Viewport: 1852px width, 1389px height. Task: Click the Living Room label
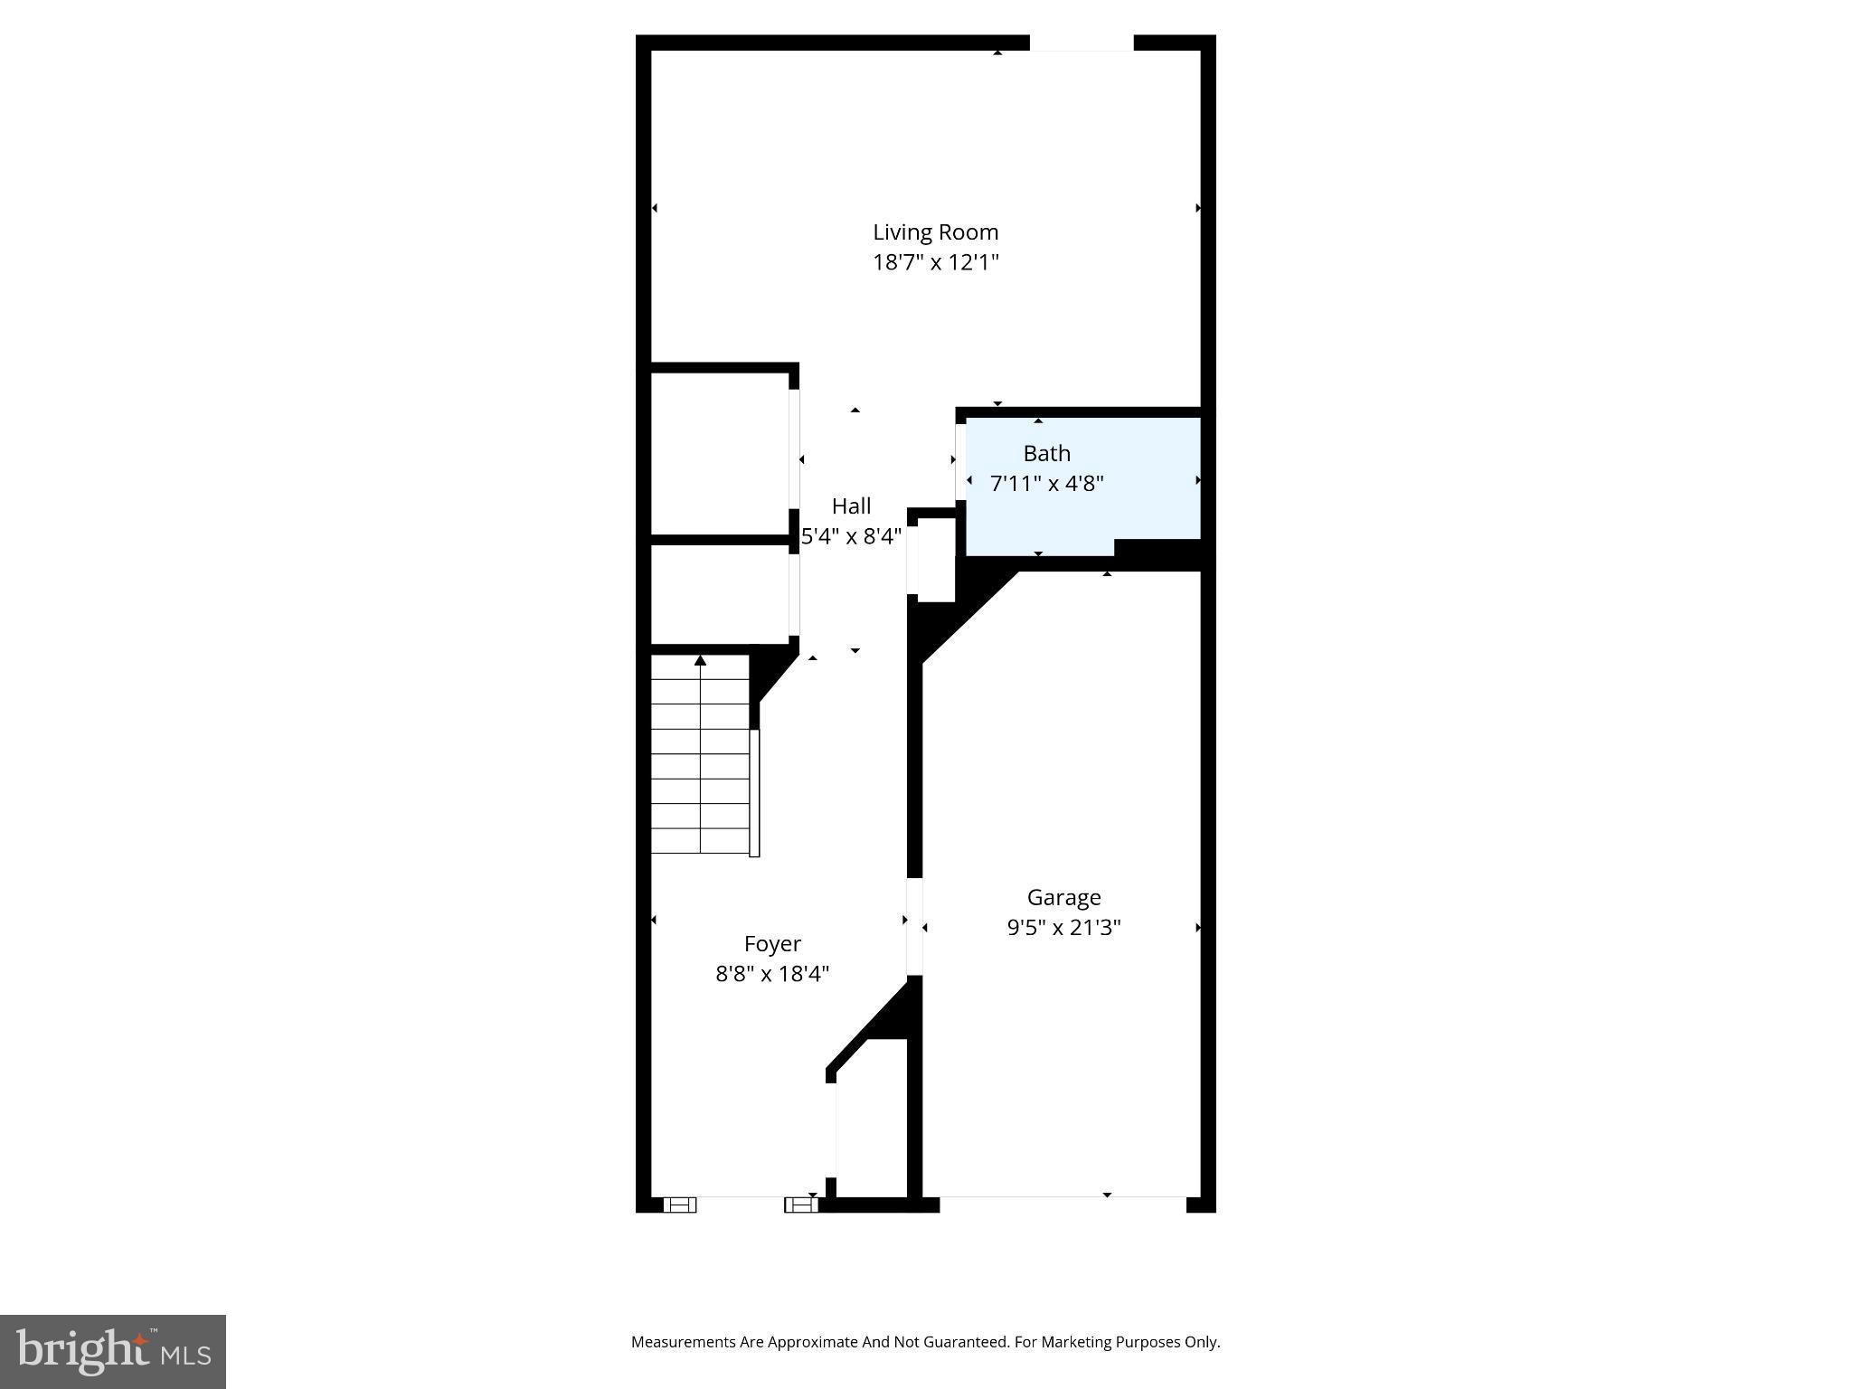935,232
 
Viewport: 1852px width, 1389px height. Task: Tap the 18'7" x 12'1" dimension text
935,263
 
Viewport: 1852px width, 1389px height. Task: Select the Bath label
1046,453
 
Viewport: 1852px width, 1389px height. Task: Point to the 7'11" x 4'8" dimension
1046,484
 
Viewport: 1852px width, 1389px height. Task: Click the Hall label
851,506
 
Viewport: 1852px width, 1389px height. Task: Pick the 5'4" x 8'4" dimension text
851,537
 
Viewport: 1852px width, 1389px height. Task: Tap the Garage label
1063,898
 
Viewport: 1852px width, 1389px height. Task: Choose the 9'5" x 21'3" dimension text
1063,928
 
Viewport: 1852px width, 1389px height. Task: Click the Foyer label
772,944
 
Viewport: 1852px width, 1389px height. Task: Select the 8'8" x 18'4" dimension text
772,975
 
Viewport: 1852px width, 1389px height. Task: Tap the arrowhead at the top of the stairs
700,661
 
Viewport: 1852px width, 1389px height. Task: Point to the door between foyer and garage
914,926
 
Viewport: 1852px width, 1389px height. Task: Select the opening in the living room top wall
1082,43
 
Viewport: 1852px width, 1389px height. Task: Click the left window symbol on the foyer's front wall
679,1205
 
